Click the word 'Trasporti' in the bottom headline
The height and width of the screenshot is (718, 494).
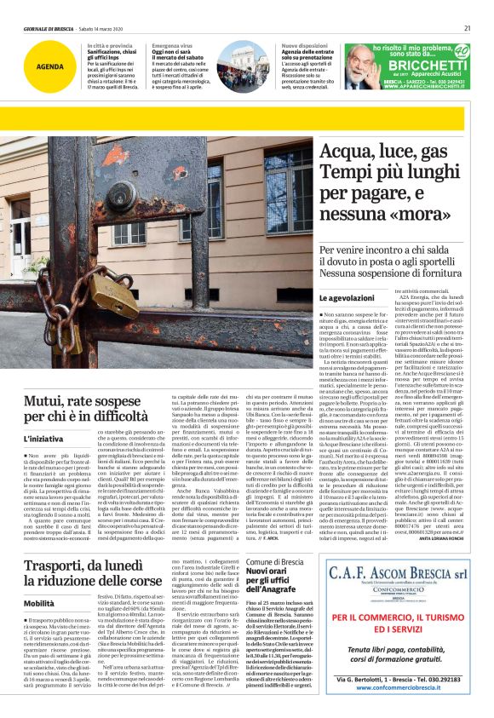pyautogui.click(x=60, y=543)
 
